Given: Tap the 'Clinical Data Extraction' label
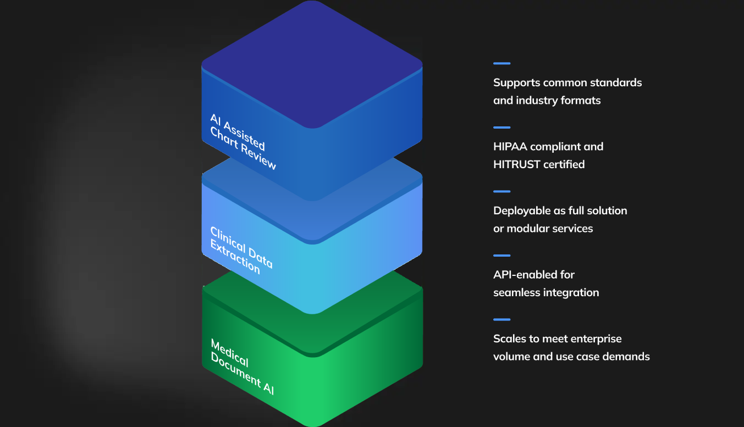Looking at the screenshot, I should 241,250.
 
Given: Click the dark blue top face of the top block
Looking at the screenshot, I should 312,63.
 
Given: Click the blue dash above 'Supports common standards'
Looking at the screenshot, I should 501,64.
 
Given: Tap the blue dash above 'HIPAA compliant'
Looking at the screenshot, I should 501,127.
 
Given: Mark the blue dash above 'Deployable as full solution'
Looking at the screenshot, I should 501,192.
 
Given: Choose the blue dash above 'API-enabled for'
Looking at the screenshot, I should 501,256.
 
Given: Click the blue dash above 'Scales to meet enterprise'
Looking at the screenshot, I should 501,319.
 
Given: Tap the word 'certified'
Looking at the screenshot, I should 567,164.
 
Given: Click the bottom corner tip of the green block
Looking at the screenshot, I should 312,424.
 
